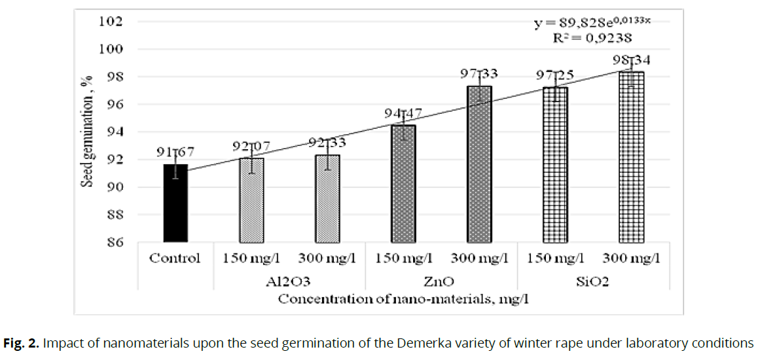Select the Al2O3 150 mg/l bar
coord(251,200)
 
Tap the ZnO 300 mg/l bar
coord(478,164)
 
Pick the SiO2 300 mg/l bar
coord(631,157)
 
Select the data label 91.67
coord(175,153)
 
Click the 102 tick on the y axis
coord(112,22)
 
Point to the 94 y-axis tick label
coord(115,132)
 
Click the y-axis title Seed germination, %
coord(86,131)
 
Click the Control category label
coord(175,258)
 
